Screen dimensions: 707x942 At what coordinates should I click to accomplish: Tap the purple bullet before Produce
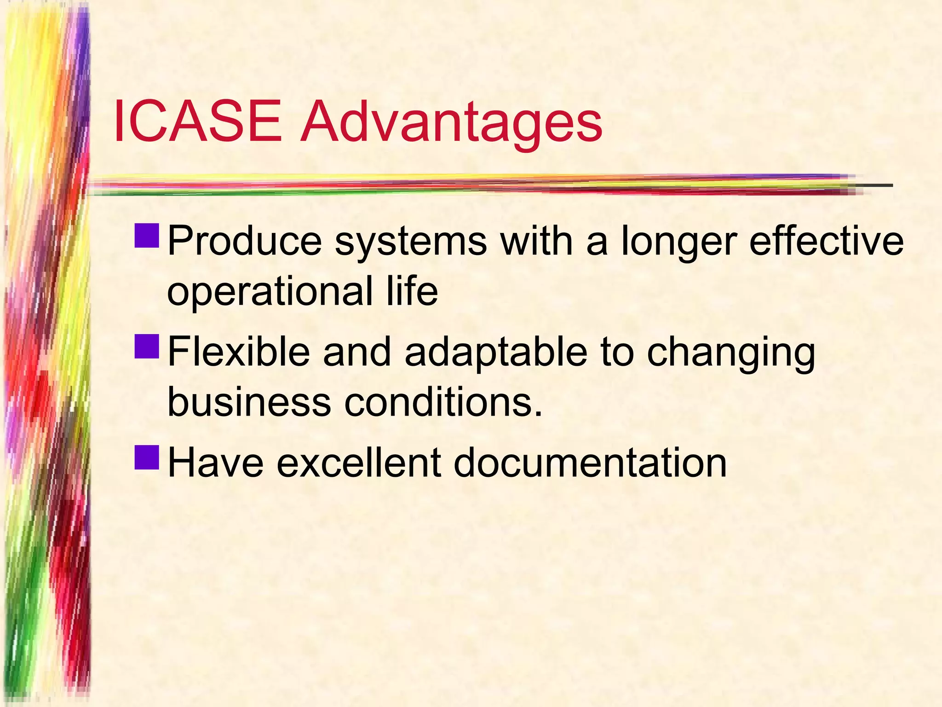click(x=147, y=235)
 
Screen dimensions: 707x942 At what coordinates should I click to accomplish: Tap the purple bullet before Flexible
click(x=147, y=346)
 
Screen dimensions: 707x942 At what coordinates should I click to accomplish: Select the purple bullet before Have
click(x=147, y=457)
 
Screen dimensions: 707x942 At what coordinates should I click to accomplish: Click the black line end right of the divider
click(x=876, y=185)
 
